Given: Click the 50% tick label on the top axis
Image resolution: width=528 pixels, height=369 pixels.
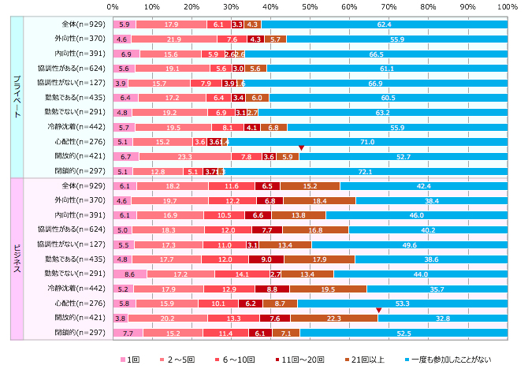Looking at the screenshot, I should [310, 6].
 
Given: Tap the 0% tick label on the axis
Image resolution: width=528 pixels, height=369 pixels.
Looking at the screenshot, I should [112, 6].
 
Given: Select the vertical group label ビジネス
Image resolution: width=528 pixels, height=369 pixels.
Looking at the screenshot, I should [17, 256].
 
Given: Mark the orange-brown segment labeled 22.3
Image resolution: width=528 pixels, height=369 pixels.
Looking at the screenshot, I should [333, 318].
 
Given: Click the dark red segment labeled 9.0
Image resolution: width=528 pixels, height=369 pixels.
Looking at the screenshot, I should [266, 259].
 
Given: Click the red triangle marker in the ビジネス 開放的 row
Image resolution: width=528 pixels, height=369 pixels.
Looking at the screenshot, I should [378, 310].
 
